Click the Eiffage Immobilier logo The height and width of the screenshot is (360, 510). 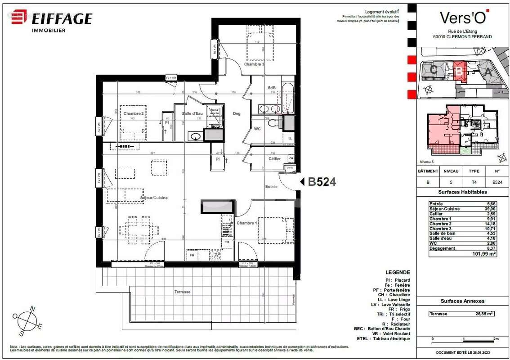[x=52, y=20]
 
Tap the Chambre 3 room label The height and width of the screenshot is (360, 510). [x=254, y=64]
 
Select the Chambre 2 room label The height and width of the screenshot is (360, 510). [x=134, y=114]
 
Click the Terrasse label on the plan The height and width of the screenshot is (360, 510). [x=182, y=292]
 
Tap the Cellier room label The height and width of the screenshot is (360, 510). [x=274, y=159]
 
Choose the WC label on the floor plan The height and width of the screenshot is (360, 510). [x=257, y=129]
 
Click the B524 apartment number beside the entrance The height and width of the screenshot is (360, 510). [x=322, y=182]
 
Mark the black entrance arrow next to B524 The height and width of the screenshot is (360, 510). [x=303, y=181]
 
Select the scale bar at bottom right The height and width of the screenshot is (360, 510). [x=464, y=338]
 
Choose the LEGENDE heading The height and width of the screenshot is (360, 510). [x=398, y=272]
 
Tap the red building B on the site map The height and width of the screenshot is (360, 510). [x=459, y=71]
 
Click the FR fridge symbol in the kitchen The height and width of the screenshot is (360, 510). [x=192, y=255]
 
